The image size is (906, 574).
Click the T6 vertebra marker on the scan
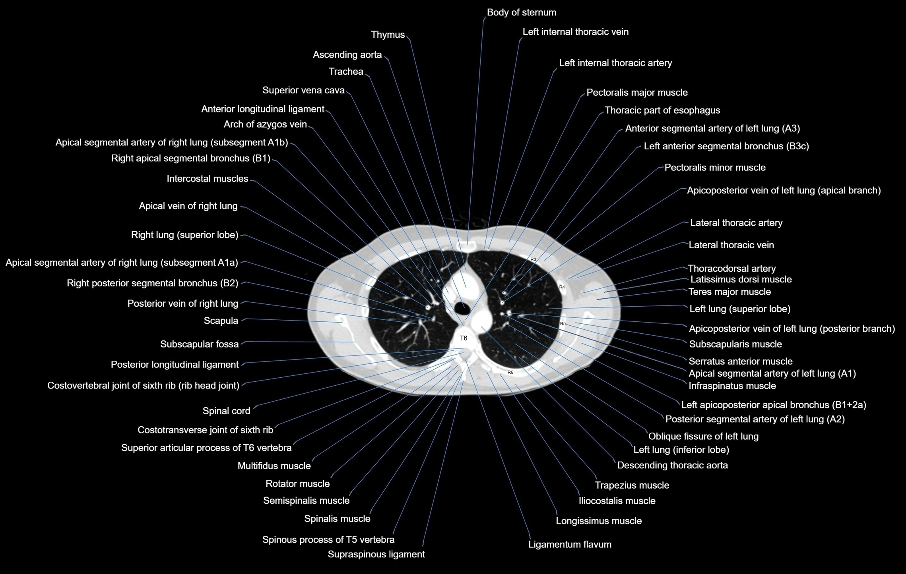coord(464,338)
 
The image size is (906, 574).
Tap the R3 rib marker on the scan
coord(534,259)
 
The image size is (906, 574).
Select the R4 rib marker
coord(562,287)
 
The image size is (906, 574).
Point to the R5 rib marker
coord(563,324)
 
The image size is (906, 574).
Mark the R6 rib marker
coord(510,372)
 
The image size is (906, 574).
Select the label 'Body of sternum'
coord(521,12)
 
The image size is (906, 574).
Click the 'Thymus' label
coord(388,35)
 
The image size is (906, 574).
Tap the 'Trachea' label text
coord(346,72)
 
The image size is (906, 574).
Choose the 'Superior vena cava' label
coord(303,90)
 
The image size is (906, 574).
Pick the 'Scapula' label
coord(221,321)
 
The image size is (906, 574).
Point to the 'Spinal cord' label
coord(226,411)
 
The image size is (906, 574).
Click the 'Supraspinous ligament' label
coord(376,554)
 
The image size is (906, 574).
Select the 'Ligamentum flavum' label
coord(570,544)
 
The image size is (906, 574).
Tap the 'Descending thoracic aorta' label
coord(672,465)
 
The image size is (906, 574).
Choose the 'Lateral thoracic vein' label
coord(731,245)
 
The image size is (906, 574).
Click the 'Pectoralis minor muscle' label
coord(715,168)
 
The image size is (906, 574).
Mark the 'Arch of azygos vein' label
coord(265,124)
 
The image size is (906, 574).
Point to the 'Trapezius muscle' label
coord(632,485)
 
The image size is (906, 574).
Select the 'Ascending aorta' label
coord(347,54)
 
